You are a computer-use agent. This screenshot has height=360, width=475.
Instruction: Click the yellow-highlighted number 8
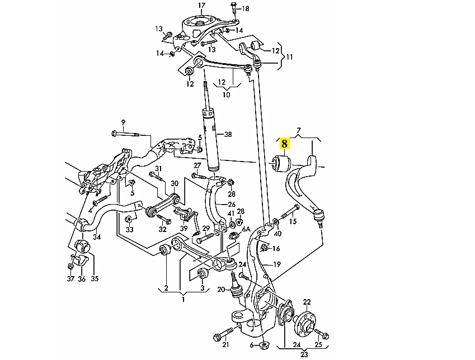click(x=284, y=144)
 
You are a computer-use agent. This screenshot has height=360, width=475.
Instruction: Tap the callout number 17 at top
click(x=201, y=6)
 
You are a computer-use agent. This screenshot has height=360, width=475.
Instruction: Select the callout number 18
click(x=245, y=9)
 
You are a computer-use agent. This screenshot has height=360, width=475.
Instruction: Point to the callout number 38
click(x=227, y=135)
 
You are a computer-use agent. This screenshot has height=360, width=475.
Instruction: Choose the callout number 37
click(x=70, y=278)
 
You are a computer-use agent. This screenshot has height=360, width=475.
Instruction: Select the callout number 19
click(x=276, y=264)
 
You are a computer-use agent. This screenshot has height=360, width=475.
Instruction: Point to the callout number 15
click(x=292, y=221)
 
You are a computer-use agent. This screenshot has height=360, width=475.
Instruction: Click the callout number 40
click(x=278, y=233)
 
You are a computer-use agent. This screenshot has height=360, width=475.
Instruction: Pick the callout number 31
click(x=158, y=169)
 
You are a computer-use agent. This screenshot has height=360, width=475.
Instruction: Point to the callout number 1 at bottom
click(x=182, y=299)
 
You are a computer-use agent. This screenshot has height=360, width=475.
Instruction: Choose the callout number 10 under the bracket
click(x=226, y=95)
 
